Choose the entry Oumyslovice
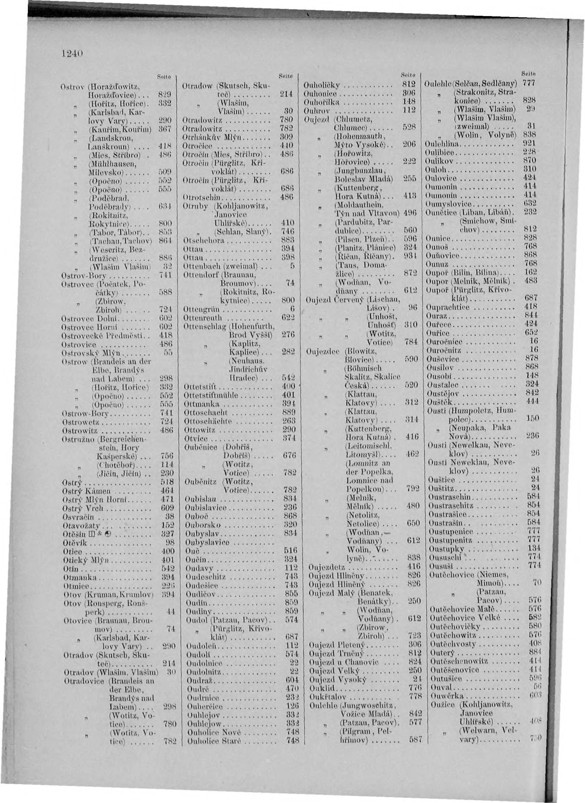[x=450, y=204]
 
